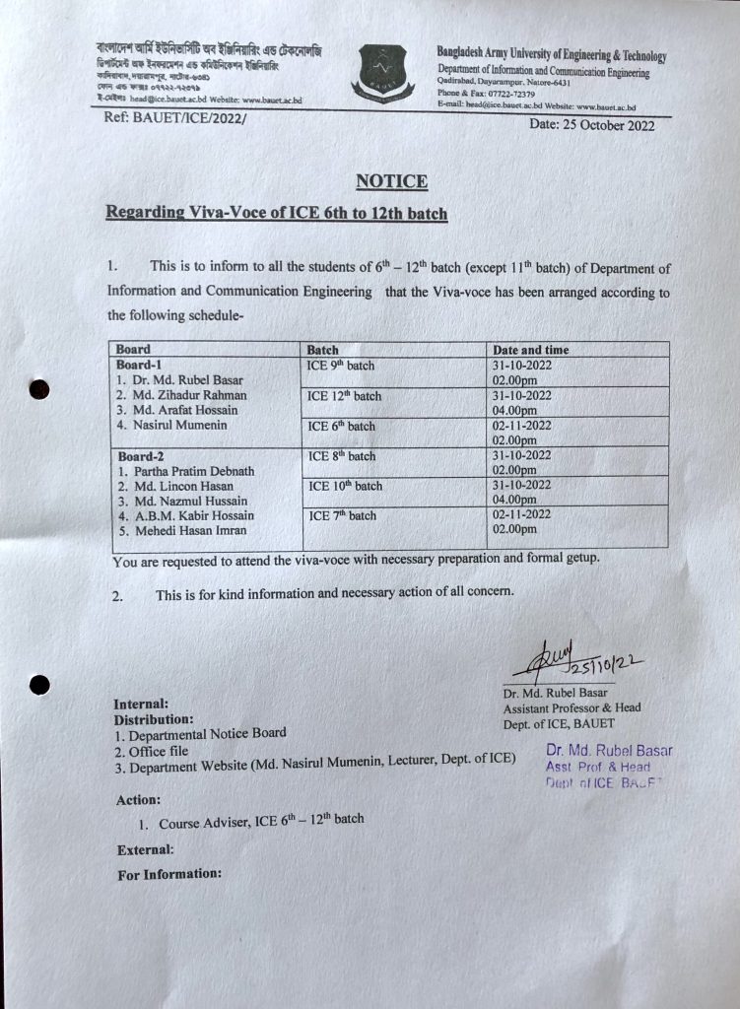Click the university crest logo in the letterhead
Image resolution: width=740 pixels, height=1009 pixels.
(x=379, y=71)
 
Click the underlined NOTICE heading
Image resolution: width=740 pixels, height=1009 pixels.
(x=391, y=181)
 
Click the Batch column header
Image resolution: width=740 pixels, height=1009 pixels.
(x=322, y=350)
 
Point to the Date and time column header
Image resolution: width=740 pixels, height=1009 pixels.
(x=530, y=350)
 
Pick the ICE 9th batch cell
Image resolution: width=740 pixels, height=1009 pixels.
(x=341, y=366)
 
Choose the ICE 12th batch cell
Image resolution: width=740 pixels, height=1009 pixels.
(x=344, y=396)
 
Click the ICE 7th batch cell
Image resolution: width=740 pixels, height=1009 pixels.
(x=342, y=515)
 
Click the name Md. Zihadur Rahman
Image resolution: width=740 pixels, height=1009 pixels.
(x=181, y=395)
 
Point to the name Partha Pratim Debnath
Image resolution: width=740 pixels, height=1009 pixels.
(x=184, y=471)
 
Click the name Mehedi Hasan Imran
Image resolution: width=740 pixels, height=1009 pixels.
(x=183, y=530)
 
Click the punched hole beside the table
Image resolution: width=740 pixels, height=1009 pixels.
(x=38, y=389)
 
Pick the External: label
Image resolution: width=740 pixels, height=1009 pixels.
(x=145, y=849)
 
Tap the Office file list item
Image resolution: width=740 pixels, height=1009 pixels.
(x=164, y=751)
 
